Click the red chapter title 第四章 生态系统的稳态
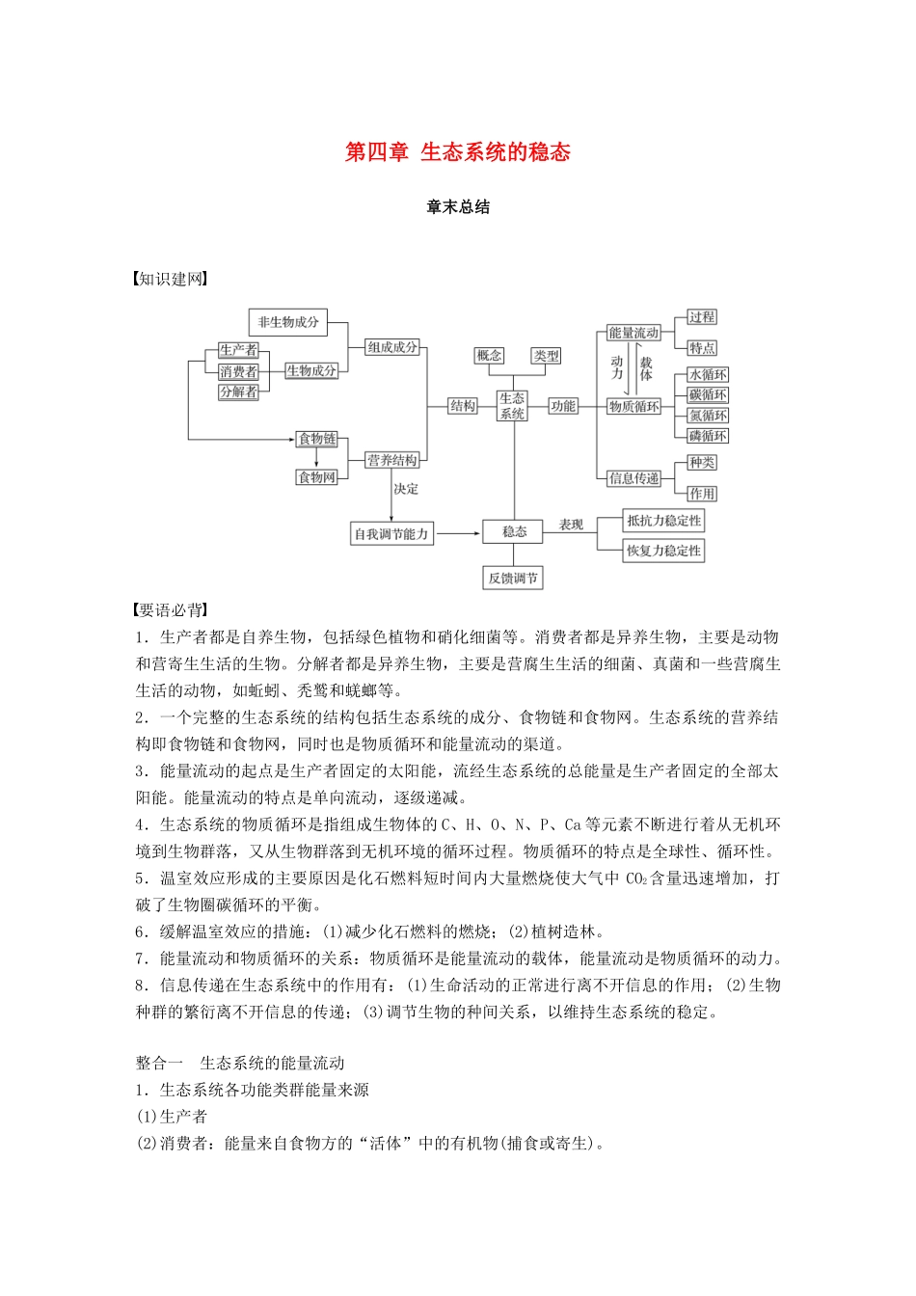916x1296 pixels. coord(458,152)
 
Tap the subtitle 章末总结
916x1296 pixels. coord(458,207)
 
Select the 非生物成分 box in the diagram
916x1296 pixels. coord(287,322)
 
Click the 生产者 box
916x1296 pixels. coord(238,350)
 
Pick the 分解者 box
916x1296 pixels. coord(238,392)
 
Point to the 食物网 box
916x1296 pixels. coord(316,477)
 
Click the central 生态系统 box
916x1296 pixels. coord(512,405)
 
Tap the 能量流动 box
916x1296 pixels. coord(633,334)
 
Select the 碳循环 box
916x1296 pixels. coord(708,395)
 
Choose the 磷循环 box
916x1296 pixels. coord(708,436)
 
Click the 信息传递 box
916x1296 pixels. coord(633,478)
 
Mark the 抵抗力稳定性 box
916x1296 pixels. coord(663,521)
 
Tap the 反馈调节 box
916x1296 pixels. coord(513,579)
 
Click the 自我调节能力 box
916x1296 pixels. coord(391,533)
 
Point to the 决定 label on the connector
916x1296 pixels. coord(406,490)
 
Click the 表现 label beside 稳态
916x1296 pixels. coord(571,525)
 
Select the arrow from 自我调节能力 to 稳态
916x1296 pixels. coord(458,532)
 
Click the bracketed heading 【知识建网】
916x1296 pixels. coord(171,280)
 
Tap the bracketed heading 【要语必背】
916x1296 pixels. coord(171,610)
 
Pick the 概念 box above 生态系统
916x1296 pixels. coord(489,356)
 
